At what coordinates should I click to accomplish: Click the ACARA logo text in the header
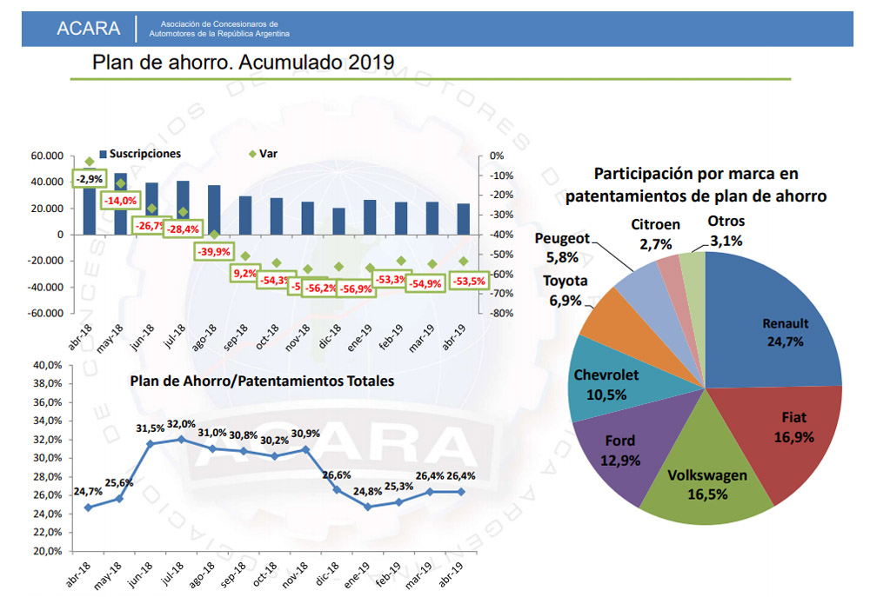pyautogui.click(x=88, y=28)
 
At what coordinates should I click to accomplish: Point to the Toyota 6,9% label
pyautogui.click(x=565, y=289)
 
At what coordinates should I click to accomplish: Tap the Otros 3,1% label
pyautogui.click(x=725, y=231)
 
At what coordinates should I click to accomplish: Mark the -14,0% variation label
pyautogui.click(x=121, y=201)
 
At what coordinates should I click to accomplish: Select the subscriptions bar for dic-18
pyautogui.click(x=338, y=221)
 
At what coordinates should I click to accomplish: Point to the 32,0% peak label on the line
pyautogui.click(x=182, y=424)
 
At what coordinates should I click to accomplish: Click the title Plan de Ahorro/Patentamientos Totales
pyautogui.click(x=262, y=381)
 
